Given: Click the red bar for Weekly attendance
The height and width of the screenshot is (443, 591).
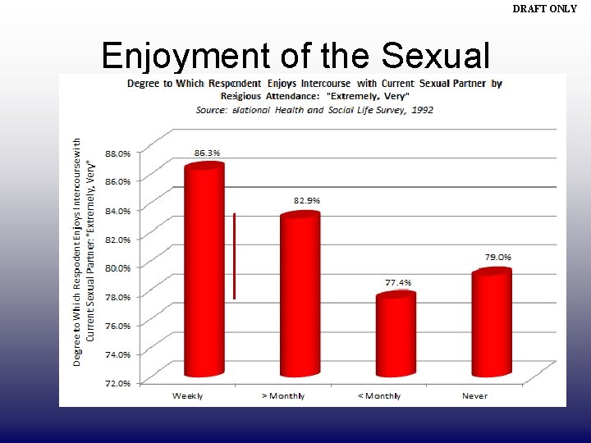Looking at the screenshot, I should [204, 271].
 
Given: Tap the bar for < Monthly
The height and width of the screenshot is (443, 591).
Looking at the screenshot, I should [396, 335].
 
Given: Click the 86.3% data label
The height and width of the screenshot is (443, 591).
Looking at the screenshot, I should [207, 153].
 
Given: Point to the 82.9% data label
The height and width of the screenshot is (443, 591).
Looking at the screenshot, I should [307, 200].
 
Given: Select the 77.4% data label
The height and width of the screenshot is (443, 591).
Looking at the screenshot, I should [398, 282].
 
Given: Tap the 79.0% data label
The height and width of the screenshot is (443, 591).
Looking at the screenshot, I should [498, 257].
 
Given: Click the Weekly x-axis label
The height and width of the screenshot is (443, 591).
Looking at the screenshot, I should [188, 395].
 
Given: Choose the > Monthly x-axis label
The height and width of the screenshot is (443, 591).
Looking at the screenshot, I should [283, 395].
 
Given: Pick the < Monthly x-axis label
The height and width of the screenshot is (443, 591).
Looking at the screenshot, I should [379, 395].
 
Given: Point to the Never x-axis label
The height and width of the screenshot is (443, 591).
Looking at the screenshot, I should [474, 395].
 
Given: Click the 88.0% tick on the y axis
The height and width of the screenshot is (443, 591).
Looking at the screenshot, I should [118, 153].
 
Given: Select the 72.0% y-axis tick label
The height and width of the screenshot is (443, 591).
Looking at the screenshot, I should [118, 383].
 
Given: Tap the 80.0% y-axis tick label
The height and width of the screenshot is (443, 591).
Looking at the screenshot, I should [118, 267].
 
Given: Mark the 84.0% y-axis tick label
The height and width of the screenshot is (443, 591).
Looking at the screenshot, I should [118, 210].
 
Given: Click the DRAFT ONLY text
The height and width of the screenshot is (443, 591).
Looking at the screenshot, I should [545, 9].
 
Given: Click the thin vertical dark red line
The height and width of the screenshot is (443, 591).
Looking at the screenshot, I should [234, 256].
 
